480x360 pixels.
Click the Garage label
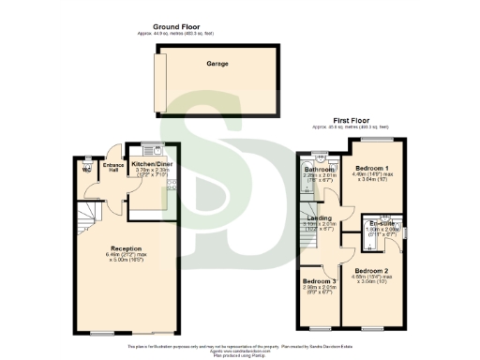[217, 64]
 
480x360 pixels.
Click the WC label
[86, 171]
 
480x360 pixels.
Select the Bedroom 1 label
[372, 166]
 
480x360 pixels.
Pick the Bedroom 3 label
[318, 281]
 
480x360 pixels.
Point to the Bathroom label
[319, 168]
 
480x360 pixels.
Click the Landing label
[324, 217]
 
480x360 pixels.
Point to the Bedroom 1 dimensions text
[372, 176]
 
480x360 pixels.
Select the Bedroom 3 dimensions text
[318, 291]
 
